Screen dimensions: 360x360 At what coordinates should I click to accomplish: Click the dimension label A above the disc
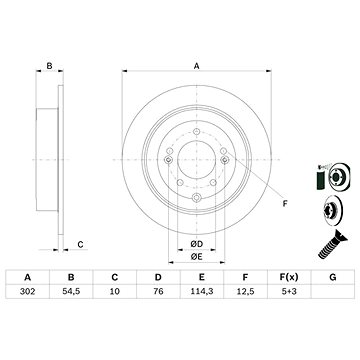pyautogui.click(x=196, y=67)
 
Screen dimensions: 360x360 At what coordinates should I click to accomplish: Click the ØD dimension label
pyautogui.click(x=197, y=216)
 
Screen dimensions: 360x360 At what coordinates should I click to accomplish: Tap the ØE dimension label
pyautogui.click(x=197, y=228)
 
